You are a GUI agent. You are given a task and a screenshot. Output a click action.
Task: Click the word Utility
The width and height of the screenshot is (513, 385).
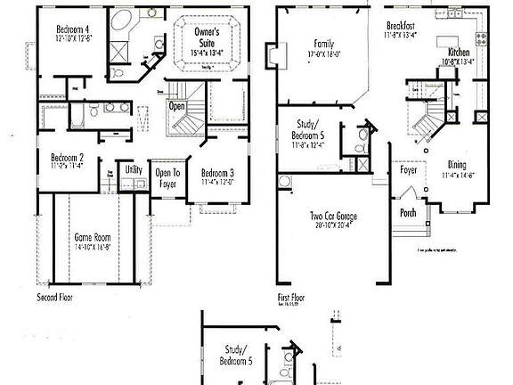[x=134, y=168]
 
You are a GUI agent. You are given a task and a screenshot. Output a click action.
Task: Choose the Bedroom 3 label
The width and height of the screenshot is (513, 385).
[x=217, y=173]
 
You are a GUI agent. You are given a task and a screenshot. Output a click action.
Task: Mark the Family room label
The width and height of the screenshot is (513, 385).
[x=322, y=44]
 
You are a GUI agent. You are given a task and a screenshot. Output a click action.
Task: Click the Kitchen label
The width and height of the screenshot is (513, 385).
[x=459, y=53]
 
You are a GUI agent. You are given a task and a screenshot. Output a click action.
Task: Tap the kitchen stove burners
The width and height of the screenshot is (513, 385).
[x=483, y=38]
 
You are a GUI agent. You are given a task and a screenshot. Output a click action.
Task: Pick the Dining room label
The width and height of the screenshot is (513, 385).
[x=457, y=165]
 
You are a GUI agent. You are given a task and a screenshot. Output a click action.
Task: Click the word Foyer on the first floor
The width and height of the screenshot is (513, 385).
[x=409, y=168]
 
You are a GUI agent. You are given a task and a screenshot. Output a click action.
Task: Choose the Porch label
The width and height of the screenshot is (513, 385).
[x=407, y=212]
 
